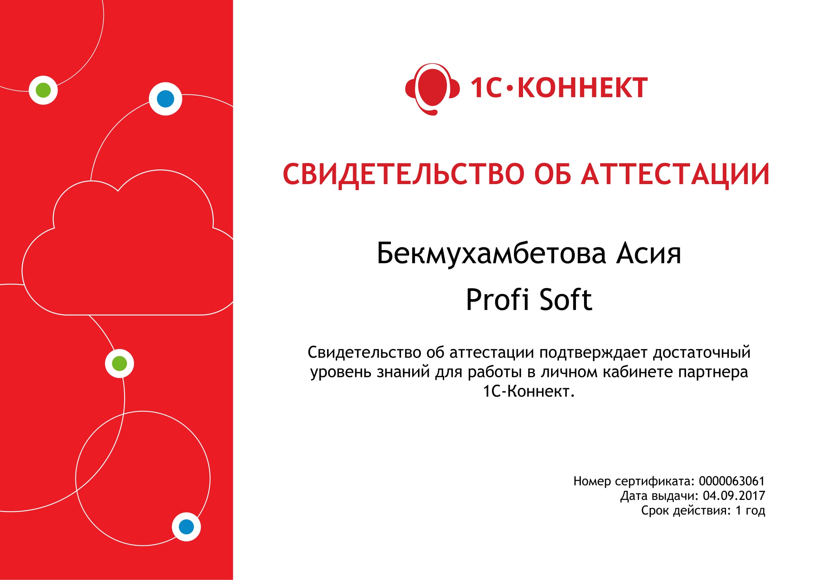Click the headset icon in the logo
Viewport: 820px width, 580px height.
pos(432,89)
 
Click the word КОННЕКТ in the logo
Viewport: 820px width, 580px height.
pos(583,88)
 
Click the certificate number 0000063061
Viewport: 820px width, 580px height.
pos(731,481)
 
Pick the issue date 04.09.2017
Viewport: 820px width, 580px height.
pos(734,496)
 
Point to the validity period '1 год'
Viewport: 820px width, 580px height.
pos(750,511)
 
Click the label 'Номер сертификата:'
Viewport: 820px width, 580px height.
pos(634,481)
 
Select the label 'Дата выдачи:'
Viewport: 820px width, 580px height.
pos(659,496)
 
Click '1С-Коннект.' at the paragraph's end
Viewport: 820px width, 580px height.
pos(529,391)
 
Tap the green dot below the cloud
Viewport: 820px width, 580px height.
pos(119,364)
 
